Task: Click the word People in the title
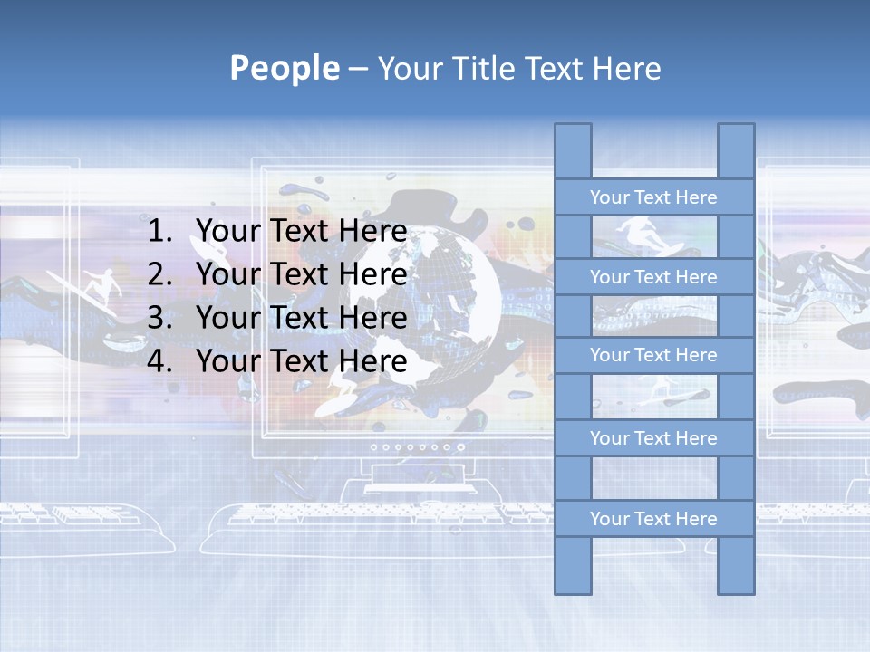(284, 68)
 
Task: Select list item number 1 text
(301, 231)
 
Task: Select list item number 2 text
(301, 274)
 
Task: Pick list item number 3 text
(301, 318)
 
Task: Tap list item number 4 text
(301, 361)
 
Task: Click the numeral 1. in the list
(159, 231)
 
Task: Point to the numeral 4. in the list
(159, 361)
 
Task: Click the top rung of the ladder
(653, 197)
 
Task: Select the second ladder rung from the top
(653, 277)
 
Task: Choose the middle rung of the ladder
(653, 355)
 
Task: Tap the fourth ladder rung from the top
(653, 438)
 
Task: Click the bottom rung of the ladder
(653, 519)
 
